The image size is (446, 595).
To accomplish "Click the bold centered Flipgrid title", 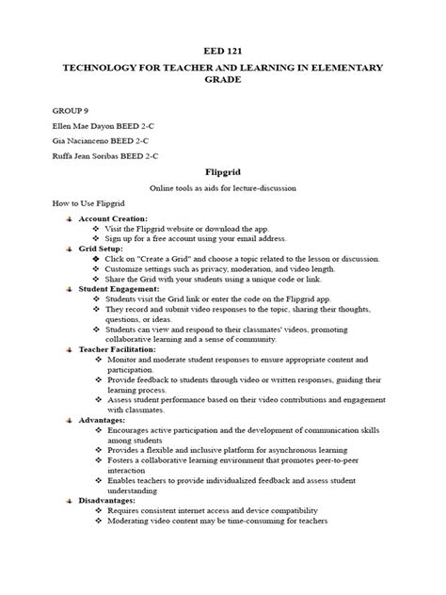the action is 223,172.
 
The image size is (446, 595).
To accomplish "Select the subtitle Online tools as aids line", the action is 223,188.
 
